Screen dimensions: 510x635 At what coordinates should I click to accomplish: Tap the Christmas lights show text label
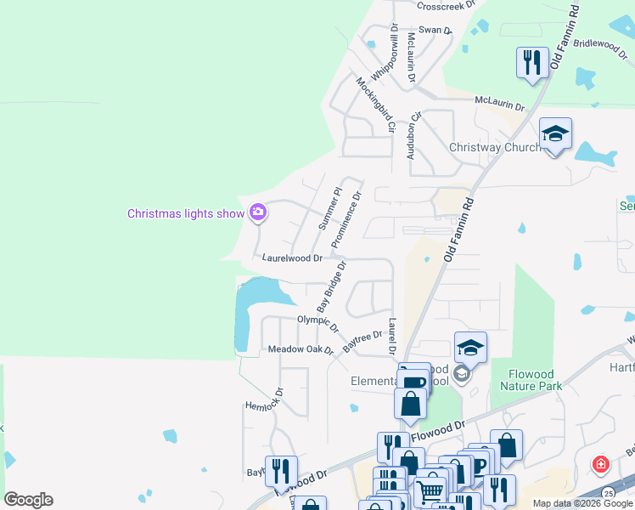186,213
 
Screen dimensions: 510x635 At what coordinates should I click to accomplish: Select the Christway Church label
495,147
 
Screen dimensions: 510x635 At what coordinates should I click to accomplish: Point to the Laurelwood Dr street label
292,257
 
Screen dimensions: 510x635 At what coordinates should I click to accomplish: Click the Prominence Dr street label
346,220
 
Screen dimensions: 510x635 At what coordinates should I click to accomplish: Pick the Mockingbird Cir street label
376,105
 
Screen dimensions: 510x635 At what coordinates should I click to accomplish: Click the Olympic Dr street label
317,323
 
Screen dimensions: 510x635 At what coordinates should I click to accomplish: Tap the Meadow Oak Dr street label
301,349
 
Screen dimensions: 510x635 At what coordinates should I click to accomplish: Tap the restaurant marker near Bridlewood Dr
532,63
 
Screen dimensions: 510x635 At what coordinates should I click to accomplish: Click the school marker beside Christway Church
555,134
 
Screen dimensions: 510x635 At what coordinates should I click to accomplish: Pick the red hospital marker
600,465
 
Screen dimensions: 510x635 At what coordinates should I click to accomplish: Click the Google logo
28,500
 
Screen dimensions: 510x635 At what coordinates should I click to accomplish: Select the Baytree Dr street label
362,343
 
